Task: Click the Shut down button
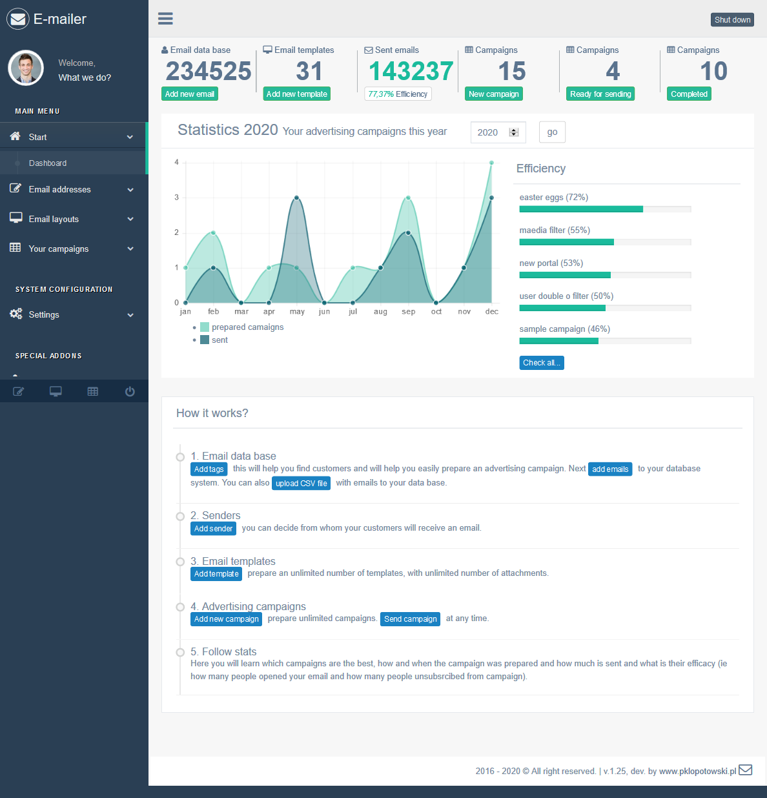[732, 20]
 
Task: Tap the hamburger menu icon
[165, 19]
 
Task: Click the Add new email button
[189, 94]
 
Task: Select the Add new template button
[297, 94]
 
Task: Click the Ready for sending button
[600, 94]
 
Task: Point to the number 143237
[411, 71]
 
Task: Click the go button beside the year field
[552, 132]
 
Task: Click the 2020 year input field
[492, 132]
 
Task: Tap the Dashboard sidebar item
[48, 163]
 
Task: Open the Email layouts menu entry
[54, 220]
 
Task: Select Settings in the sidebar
[44, 315]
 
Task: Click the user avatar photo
[26, 68]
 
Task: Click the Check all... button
[541, 363]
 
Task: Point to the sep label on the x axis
[408, 312]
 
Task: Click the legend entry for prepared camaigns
[247, 327]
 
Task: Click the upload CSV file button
[301, 484]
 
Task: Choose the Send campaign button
[410, 619]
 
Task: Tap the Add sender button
[213, 529]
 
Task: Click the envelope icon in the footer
[745, 770]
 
